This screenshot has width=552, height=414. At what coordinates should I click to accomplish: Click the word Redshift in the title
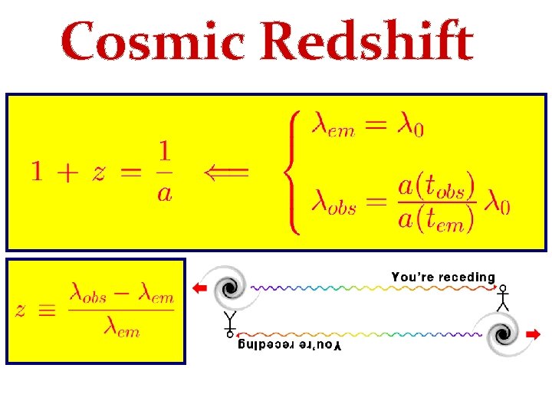tap(370, 42)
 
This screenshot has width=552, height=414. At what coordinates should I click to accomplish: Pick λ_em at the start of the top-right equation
tap(332, 126)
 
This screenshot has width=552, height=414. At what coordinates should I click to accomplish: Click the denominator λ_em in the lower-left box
tap(120, 330)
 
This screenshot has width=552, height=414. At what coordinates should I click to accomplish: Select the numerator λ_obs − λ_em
tap(121, 295)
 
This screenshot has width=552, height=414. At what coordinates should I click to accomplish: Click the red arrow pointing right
tap(532, 334)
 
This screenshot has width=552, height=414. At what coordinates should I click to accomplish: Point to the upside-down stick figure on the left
tap(228, 324)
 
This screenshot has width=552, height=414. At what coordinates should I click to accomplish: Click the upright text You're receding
tap(443, 277)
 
